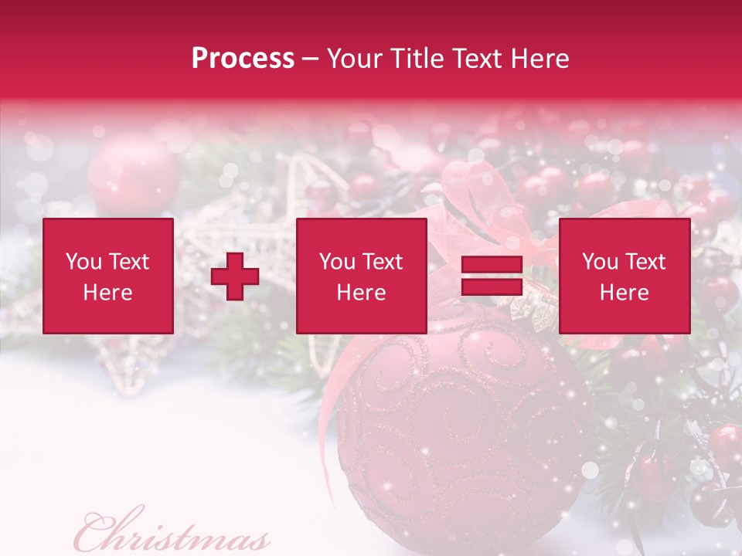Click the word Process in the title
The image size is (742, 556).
pyautogui.click(x=243, y=59)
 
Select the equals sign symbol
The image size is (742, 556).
pyautogui.click(x=492, y=276)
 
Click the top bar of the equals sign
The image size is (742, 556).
pyautogui.click(x=492, y=265)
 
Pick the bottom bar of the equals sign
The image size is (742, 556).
pyautogui.click(x=492, y=286)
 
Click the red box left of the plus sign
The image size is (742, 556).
pyautogui.click(x=107, y=276)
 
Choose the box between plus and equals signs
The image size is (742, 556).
pyautogui.click(x=361, y=276)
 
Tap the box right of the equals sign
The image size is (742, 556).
pyautogui.click(x=624, y=276)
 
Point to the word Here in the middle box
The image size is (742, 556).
pyautogui.click(x=361, y=293)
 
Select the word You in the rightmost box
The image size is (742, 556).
pyautogui.click(x=601, y=262)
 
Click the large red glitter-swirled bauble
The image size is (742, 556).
pyautogui.click(x=456, y=432)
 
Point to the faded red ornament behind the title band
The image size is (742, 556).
pyautogui.click(x=131, y=174)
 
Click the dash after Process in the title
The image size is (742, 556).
pyautogui.click(x=310, y=59)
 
